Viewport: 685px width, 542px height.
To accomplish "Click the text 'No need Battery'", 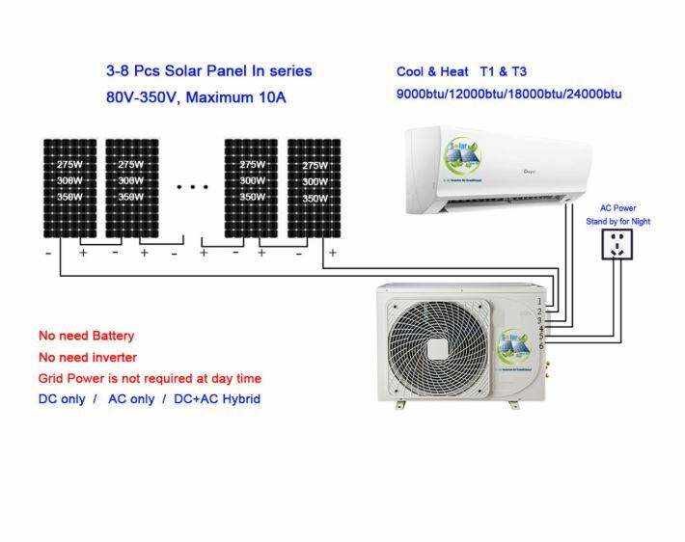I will coord(86,336).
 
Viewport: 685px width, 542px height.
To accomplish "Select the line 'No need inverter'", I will coord(87,357).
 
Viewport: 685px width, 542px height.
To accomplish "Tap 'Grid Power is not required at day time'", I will coord(150,378).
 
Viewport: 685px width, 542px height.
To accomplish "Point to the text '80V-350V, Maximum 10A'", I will coord(198,97).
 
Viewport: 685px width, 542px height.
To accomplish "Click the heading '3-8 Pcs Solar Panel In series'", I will coord(208,70).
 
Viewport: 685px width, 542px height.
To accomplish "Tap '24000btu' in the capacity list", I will coord(593,94).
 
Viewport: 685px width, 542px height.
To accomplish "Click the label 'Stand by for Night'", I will coord(618,221).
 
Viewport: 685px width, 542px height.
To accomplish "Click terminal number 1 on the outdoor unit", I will coord(540,302).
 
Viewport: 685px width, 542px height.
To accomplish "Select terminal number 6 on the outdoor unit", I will coord(541,345).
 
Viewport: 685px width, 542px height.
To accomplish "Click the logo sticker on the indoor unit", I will coord(466,158).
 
